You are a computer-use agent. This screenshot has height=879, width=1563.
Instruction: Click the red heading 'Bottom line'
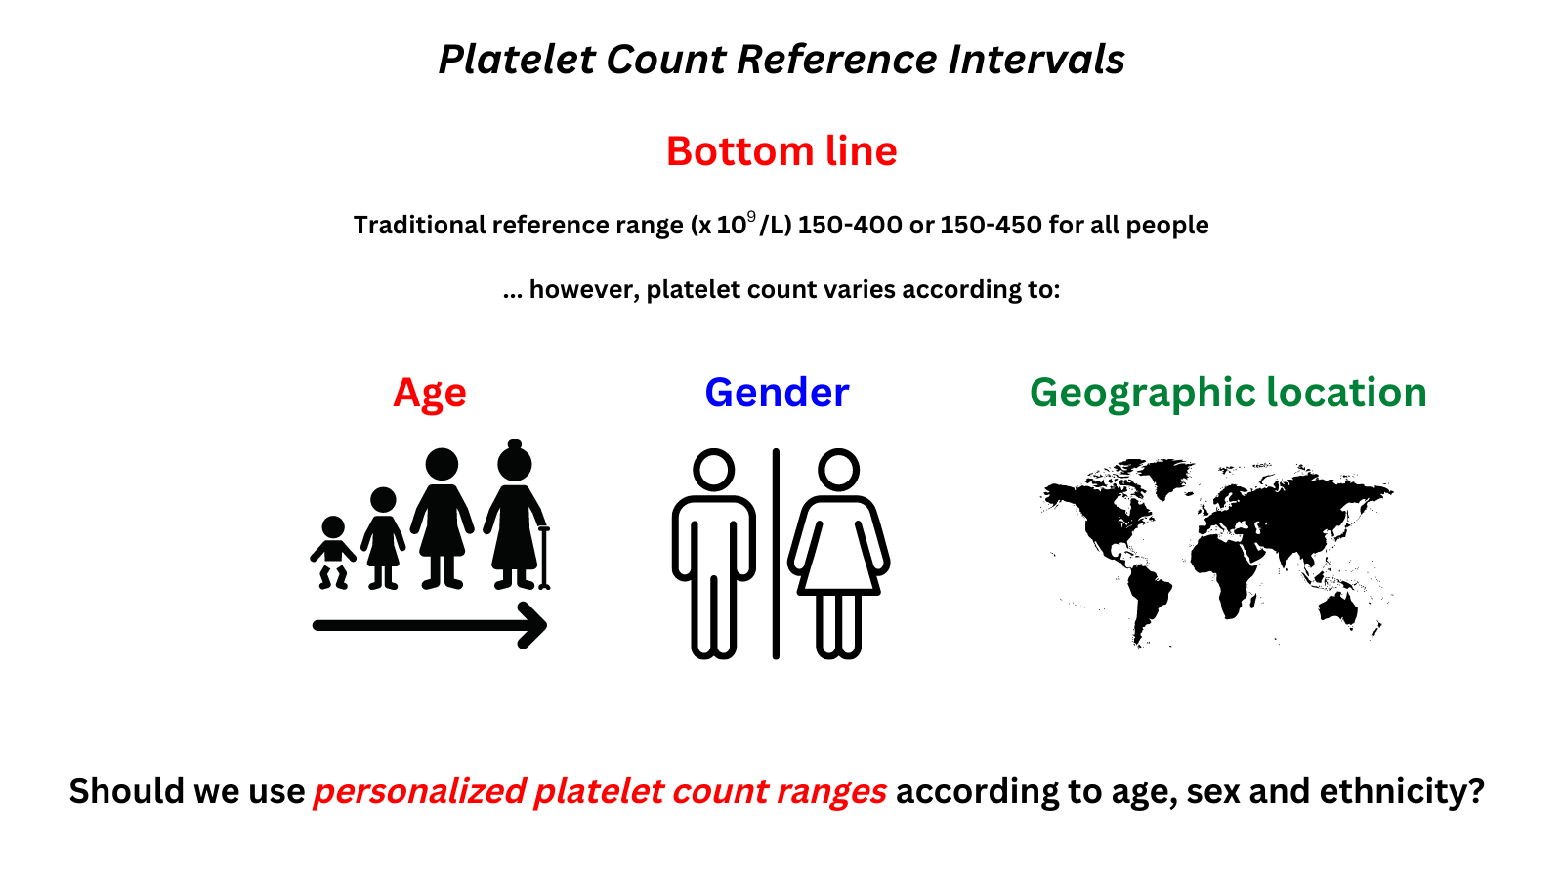point(781,150)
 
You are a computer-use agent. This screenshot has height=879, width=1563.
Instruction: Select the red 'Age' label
point(429,394)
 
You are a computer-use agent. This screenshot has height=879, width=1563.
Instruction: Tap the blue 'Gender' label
point(777,392)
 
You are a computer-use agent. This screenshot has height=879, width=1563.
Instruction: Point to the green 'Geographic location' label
point(1228,394)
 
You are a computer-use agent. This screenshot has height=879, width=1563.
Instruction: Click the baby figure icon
point(333,553)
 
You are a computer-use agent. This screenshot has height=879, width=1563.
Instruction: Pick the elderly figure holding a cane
point(517,515)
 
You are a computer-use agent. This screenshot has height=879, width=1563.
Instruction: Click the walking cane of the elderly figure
point(544,558)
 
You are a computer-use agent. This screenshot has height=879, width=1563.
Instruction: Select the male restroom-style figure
point(714,553)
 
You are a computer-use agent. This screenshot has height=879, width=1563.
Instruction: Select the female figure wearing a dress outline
point(838,553)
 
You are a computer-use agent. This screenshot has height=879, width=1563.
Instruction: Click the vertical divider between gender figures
point(776,553)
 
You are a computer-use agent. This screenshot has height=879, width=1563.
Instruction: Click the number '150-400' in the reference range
point(850,226)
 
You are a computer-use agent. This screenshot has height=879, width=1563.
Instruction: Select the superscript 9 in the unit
point(751,216)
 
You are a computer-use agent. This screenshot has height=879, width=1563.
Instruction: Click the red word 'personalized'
point(419,792)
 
